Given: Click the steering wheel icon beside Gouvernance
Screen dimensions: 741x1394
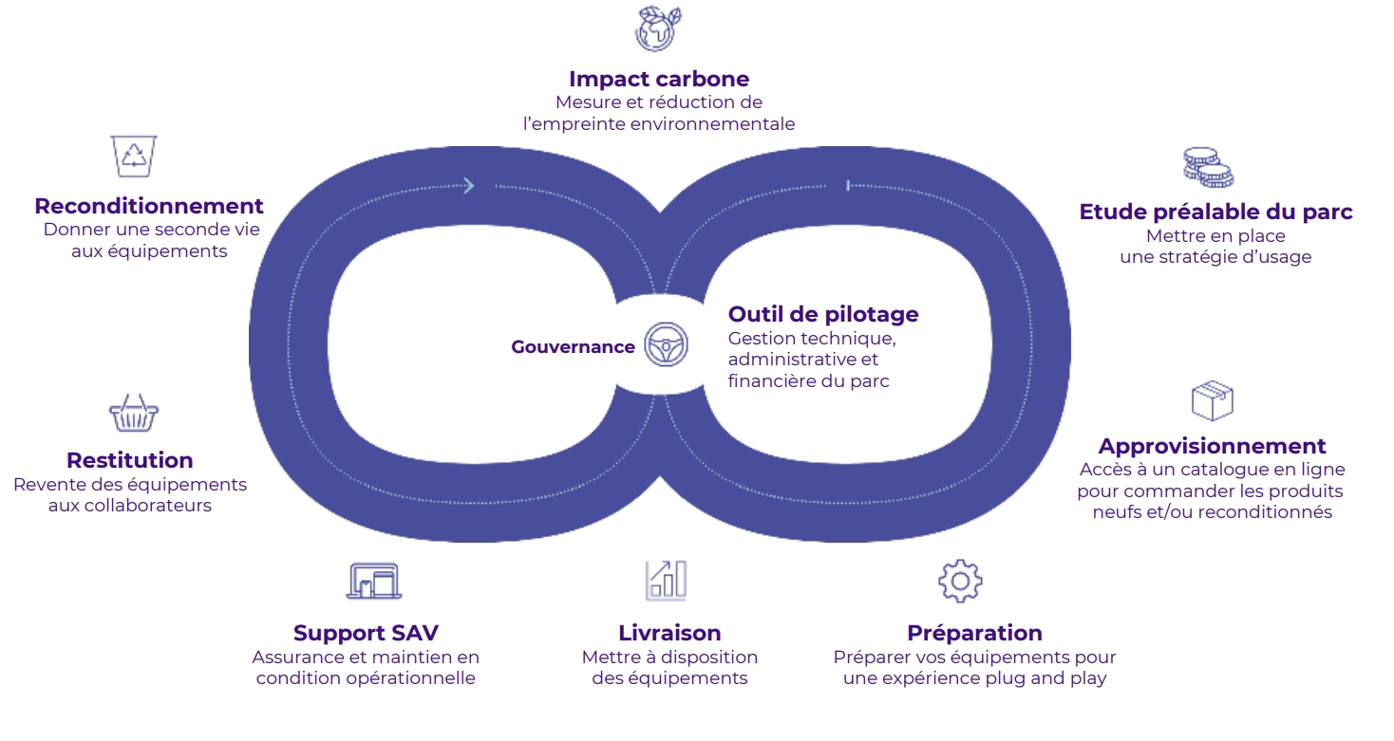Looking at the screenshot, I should [x=666, y=344].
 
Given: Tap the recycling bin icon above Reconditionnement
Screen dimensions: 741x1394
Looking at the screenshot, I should [x=134, y=156].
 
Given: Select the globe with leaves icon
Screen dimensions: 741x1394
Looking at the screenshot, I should [x=658, y=28].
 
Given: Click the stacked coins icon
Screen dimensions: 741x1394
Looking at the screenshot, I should [x=1207, y=167].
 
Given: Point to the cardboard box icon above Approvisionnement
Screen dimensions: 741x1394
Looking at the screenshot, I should [x=1212, y=400].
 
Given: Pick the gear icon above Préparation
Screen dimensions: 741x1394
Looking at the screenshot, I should [x=959, y=581].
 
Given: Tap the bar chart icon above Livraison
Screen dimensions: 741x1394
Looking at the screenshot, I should [x=666, y=580].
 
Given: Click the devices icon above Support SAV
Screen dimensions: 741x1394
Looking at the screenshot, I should [x=373, y=581].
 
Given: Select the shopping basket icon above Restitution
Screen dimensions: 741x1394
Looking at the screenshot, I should [x=133, y=414].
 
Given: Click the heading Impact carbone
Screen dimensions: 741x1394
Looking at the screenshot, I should [x=658, y=79].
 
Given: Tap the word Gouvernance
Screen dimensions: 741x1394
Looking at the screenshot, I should [x=573, y=347].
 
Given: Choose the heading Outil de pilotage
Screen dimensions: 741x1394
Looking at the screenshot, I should [x=822, y=314].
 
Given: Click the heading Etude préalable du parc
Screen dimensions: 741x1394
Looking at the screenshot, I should [x=1215, y=212].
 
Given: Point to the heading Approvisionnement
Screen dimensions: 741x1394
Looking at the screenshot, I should [x=1212, y=446].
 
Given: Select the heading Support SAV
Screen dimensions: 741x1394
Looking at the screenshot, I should [x=366, y=633].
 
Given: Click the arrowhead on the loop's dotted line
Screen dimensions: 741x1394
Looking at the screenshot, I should [x=468, y=185].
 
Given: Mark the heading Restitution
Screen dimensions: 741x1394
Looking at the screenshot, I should [x=129, y=460].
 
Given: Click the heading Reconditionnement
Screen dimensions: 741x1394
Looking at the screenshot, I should [x=149, y=206].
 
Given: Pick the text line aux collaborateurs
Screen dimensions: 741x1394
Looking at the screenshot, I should [x=129, y=506].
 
